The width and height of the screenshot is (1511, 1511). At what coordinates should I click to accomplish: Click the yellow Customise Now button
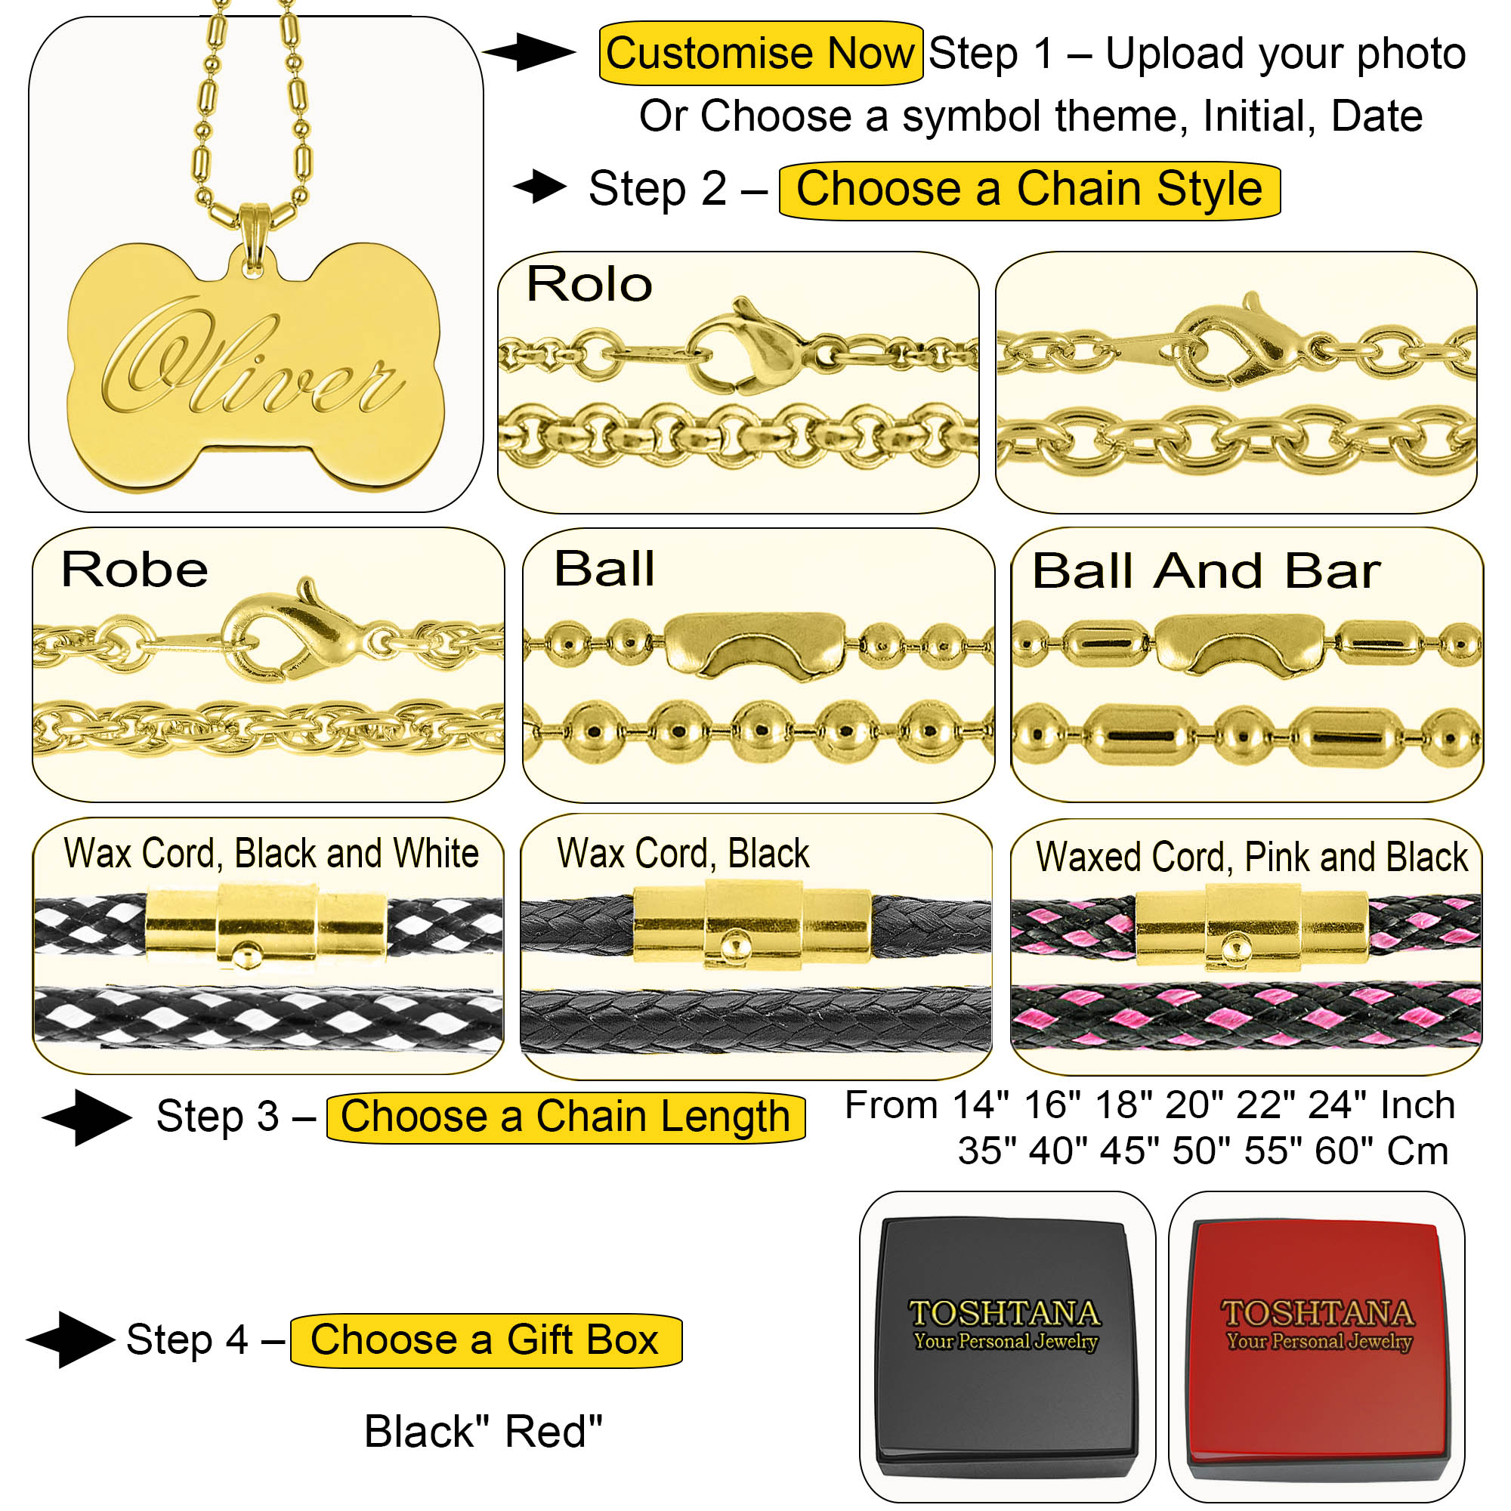tap(760, 53)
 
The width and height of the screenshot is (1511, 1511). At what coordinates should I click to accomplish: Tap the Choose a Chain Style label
tap(1029, 190)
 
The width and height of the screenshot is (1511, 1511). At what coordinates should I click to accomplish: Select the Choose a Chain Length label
tap(565, 1117)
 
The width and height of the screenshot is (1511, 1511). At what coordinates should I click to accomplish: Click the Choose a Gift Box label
tap(486, 1340)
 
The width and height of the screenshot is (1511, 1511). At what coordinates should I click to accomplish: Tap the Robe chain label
tap(134, 570)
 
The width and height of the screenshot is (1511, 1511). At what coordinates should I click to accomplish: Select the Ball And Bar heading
tap(1207, 571)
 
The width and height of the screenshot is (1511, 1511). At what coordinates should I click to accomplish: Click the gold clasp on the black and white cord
tap(266, 926)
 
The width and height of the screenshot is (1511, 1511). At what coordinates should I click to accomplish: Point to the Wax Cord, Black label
tap(684, 853)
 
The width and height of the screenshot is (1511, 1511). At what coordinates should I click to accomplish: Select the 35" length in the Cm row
tap(987, 1151)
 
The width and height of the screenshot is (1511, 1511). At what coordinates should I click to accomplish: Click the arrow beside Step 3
tap(87, 1117)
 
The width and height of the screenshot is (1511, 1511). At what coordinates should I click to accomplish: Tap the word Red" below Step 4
tap(554, 1432)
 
